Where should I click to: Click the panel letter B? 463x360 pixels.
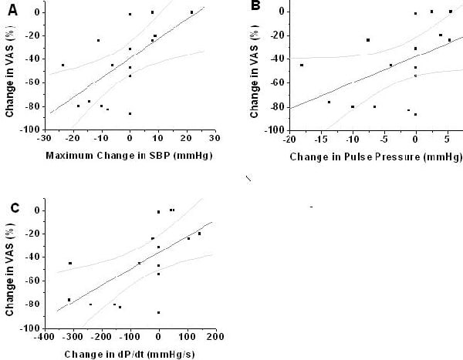pos(255,7)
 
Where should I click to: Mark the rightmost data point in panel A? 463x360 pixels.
pos(191,12)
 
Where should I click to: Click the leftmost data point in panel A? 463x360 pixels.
pos(63,65)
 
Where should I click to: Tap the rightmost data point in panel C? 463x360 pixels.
pos(199,234)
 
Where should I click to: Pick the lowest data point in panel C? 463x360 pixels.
pos(158,312)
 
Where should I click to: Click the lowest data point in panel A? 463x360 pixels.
pos(130,113)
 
